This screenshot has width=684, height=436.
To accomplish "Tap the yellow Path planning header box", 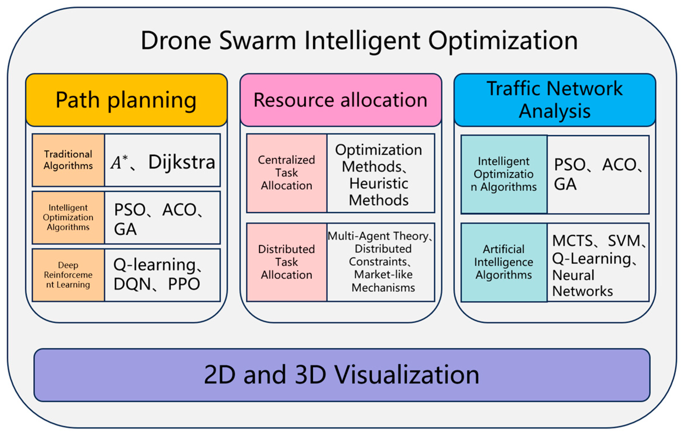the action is tap(127, 100).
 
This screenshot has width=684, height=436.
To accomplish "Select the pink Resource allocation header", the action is tap(341, 100).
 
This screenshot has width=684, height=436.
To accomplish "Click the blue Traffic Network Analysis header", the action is tap(555, 100).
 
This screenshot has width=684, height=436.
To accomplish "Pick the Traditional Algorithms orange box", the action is tap(68, 160).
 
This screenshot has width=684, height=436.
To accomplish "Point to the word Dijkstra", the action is tap(182, 162).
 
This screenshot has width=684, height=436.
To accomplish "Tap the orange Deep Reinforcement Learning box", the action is tap(68, 275).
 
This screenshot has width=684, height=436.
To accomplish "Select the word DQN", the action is tap(132, 284).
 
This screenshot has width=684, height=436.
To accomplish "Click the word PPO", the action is tap(184, 284).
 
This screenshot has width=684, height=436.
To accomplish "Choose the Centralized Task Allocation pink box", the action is tap(287, 173).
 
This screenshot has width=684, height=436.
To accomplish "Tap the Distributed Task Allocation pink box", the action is tap(287, 262).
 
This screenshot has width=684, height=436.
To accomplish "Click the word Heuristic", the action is tap(379, 184).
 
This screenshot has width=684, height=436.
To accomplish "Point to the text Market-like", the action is tap(383, 274).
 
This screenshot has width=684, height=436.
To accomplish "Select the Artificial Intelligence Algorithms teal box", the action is tap(504, 262).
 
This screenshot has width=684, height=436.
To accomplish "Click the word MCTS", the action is tap(572, 241).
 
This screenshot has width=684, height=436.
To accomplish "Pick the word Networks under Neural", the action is tap(583, 291).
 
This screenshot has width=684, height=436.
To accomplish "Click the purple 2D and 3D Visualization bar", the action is tap(342, 375).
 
